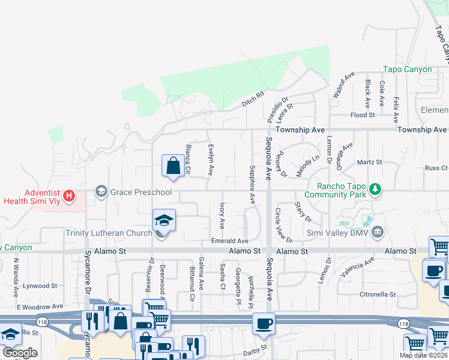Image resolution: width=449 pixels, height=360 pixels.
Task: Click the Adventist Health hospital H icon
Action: click(x=70, y=196)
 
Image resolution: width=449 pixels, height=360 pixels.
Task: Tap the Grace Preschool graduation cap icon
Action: click(x=101, y=192)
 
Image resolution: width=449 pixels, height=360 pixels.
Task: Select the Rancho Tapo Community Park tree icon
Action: click(x=376, y=190)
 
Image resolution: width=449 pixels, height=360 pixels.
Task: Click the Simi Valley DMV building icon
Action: click(x=378, y=232)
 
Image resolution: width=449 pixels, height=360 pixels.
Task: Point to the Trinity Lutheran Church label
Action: click(x=109, y=233)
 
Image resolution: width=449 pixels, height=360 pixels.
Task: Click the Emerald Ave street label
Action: click(x=229, y=241)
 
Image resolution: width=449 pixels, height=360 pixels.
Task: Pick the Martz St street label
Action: click(x=370, y=162)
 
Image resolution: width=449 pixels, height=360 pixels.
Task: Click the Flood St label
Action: click(x=363, y=115)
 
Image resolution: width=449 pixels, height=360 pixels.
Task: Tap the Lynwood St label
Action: click(x=40, y=286)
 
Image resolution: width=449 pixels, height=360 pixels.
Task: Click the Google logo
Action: click(x=20, y=353)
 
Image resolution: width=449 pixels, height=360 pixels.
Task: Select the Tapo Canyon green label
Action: click(x=408, y=70)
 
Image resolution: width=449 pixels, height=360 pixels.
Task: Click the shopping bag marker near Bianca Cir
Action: click(x=173, y=166)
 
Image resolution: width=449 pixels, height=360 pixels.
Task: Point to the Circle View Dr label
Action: click(x=283, y=225)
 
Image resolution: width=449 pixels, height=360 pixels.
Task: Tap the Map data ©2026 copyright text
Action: click(x=423, y=355)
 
